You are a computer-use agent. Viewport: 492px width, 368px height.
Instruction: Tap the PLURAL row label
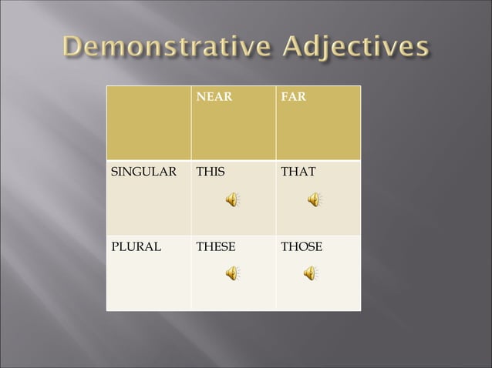[x=134, y=247]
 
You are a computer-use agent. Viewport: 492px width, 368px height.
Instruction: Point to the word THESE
[x=216, y=247]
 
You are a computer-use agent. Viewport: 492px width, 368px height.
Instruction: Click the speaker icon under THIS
[x=232, y=200]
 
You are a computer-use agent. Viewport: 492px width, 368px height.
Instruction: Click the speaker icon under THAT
[x=315, y=200]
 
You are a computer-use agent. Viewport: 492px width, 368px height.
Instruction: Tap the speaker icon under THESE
[x=232, y=273]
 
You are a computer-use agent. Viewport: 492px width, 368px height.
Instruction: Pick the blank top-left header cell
[x=149, y=123]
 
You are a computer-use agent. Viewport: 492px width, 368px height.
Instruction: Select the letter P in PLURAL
[x=116, y=247]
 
